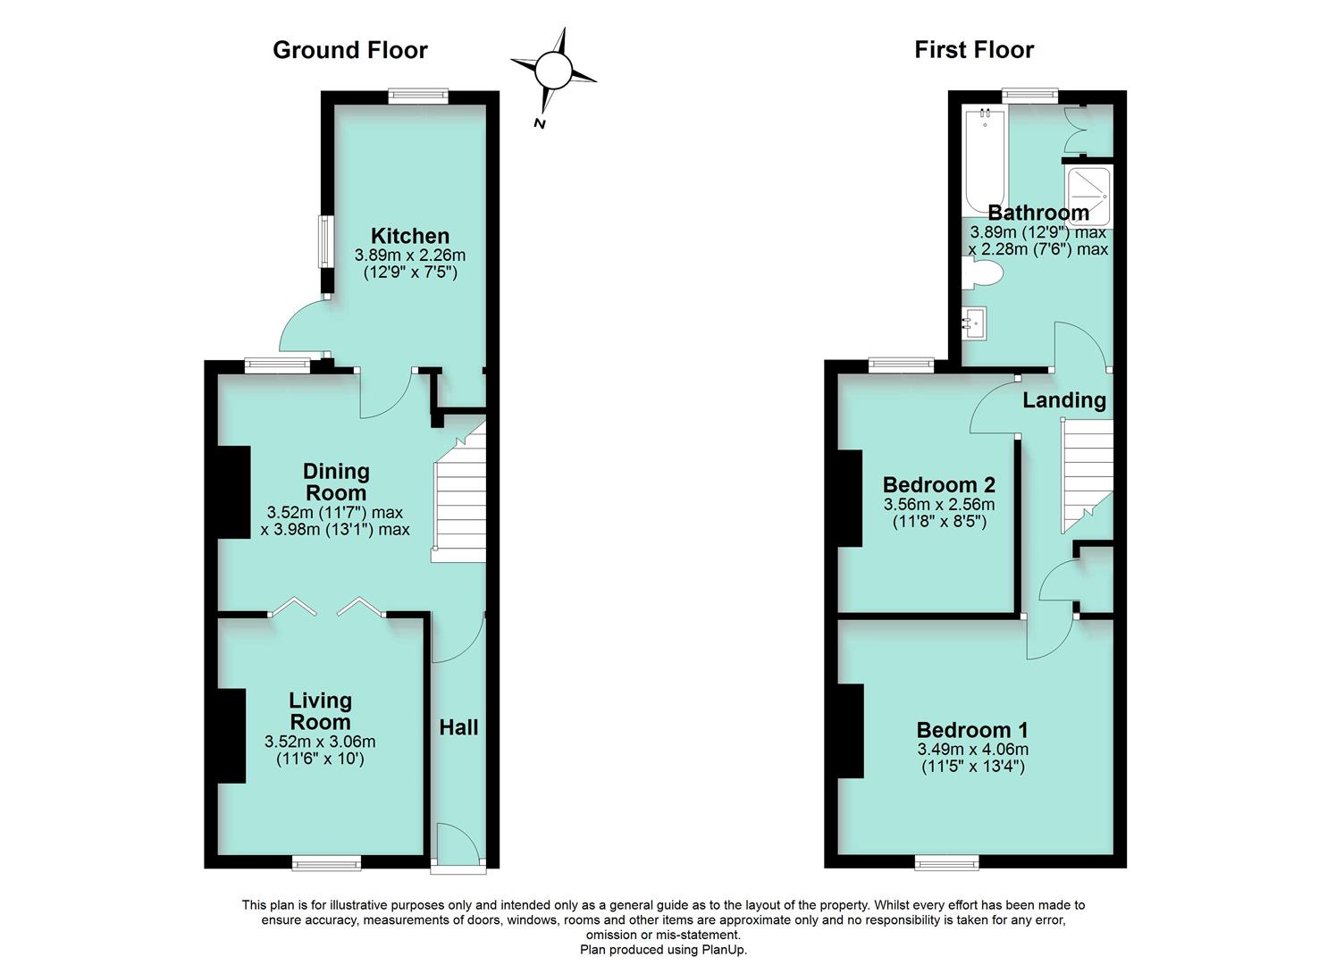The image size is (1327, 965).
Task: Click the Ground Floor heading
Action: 349,50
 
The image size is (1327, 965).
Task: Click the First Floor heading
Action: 973,50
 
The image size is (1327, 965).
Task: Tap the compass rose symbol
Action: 552,69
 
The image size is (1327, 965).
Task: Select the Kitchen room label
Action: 409,236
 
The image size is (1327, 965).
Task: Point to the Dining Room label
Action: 335,482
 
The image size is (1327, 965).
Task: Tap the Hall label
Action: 458,727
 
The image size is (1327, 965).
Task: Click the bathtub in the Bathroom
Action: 983,161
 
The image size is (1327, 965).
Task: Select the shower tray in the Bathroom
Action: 1088,195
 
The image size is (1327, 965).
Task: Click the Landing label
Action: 1063,400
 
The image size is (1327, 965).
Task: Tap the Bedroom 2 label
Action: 938,485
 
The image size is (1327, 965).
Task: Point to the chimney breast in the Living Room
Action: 231,735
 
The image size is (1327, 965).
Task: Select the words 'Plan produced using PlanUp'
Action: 663,950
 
